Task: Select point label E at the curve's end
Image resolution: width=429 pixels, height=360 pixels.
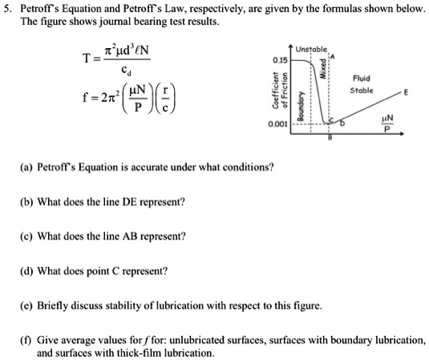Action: (406, 94)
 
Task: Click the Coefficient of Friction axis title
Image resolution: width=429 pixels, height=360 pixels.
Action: (285, 93)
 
